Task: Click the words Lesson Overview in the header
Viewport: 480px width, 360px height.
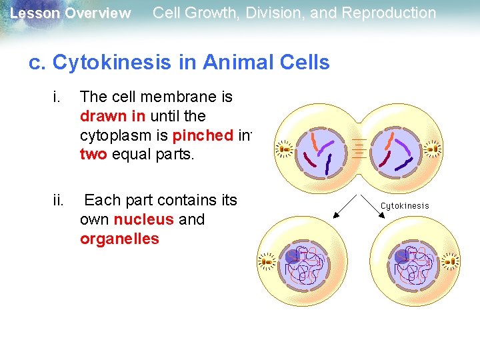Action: tap(70, 13)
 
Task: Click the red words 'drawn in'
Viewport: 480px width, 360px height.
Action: tap(112, 116)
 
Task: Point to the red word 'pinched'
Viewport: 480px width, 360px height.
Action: tap(202, 135)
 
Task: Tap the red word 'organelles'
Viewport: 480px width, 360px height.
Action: tap(119, 239)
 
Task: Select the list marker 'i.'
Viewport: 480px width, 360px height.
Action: tap(55, 97)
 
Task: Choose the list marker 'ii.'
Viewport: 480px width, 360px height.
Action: tap(58, 200)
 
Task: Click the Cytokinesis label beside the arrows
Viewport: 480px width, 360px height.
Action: tap(405, 206)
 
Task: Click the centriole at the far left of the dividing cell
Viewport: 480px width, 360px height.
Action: tap(285, 147)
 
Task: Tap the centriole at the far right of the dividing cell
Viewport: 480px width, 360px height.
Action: tap(433, 147)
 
